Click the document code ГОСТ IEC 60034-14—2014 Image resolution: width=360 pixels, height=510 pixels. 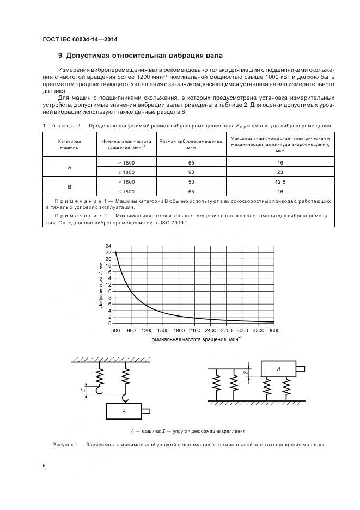pyautogui.click(x=80, y=39)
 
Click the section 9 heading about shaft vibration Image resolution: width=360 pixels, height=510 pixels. pyautogui.click(x=141, y=56)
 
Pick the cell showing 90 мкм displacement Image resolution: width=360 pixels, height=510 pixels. pyautogui.click(x=191, y=172)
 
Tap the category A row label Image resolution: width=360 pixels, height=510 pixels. pyautogui.click(x=69, y=167)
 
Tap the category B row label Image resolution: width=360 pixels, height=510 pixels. pyautogui.click(x=69, y=186)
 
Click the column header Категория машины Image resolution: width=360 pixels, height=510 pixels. pyautogui.click(x=69, y=144)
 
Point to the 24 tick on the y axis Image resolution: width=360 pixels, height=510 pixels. pyautogui.click(x=108, y=246)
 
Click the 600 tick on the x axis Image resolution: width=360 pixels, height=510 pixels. pyautogui.click(x=115, y=331)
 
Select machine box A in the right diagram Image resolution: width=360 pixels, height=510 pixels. pyautogui.click(x=278, y=369)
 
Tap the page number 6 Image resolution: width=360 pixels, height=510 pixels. pyautogui.click(x=44, y=466)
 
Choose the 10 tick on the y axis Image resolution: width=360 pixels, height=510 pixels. pyautogui.click(x=108, y=292)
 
